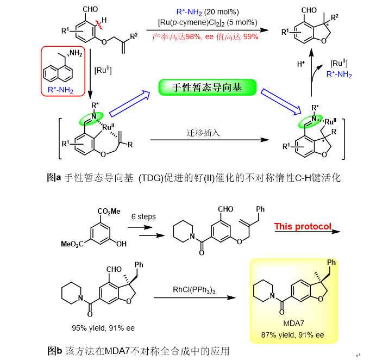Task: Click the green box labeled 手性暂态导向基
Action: click(x=206, y=88)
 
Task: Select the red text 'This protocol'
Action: click(x=303, y=226)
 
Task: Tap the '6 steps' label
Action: click(x=143, y=216)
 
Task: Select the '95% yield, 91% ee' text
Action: click(x=103, y=328)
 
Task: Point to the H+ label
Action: click(x=300, y=64)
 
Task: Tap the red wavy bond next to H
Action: click(x=100, y=24)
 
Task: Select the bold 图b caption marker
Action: click(x=54, y=351)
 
